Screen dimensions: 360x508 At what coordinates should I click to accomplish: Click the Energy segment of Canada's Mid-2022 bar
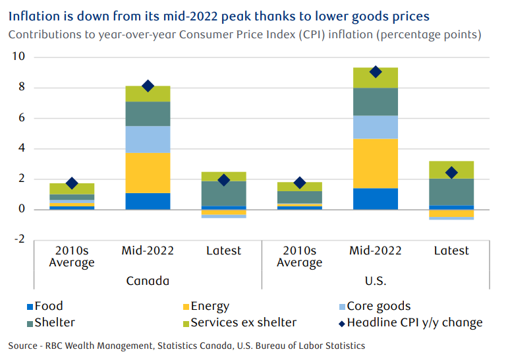point(148,173)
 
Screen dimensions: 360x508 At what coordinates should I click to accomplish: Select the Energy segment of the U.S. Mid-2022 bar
point(376,164)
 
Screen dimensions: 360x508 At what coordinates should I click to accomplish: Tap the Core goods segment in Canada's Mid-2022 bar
point(148,139)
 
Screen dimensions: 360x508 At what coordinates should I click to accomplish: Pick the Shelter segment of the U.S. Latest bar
point(451,192)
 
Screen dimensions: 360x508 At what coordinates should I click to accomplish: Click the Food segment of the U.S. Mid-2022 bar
point(376,198)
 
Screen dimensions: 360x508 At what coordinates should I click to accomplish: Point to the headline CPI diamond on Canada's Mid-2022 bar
point(148,86)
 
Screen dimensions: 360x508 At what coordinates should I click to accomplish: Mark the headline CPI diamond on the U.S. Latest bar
point(451,173)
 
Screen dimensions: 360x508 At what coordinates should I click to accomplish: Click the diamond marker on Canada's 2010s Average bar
point(72,183)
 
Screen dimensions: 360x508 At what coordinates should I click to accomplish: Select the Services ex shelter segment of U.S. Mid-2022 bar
point(376,78)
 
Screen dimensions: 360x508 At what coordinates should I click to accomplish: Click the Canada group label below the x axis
point(148,281)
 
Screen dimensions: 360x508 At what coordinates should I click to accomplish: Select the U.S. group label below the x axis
point(376,281)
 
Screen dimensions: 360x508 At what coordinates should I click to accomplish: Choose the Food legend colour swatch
point(28,307)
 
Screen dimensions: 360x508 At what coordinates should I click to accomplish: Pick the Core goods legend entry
point(378,307)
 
